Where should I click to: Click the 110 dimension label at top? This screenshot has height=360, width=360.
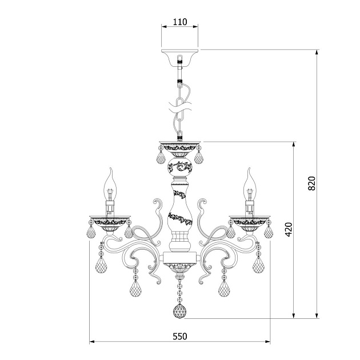180,22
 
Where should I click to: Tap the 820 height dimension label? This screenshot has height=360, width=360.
312,183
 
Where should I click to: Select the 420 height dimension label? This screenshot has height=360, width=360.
289,229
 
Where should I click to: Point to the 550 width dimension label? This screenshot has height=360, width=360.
180,337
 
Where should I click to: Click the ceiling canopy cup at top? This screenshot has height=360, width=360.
179,57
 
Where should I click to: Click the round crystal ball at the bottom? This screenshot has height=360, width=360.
180,311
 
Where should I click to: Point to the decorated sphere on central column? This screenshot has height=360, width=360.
180,167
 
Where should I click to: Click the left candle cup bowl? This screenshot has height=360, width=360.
110,223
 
